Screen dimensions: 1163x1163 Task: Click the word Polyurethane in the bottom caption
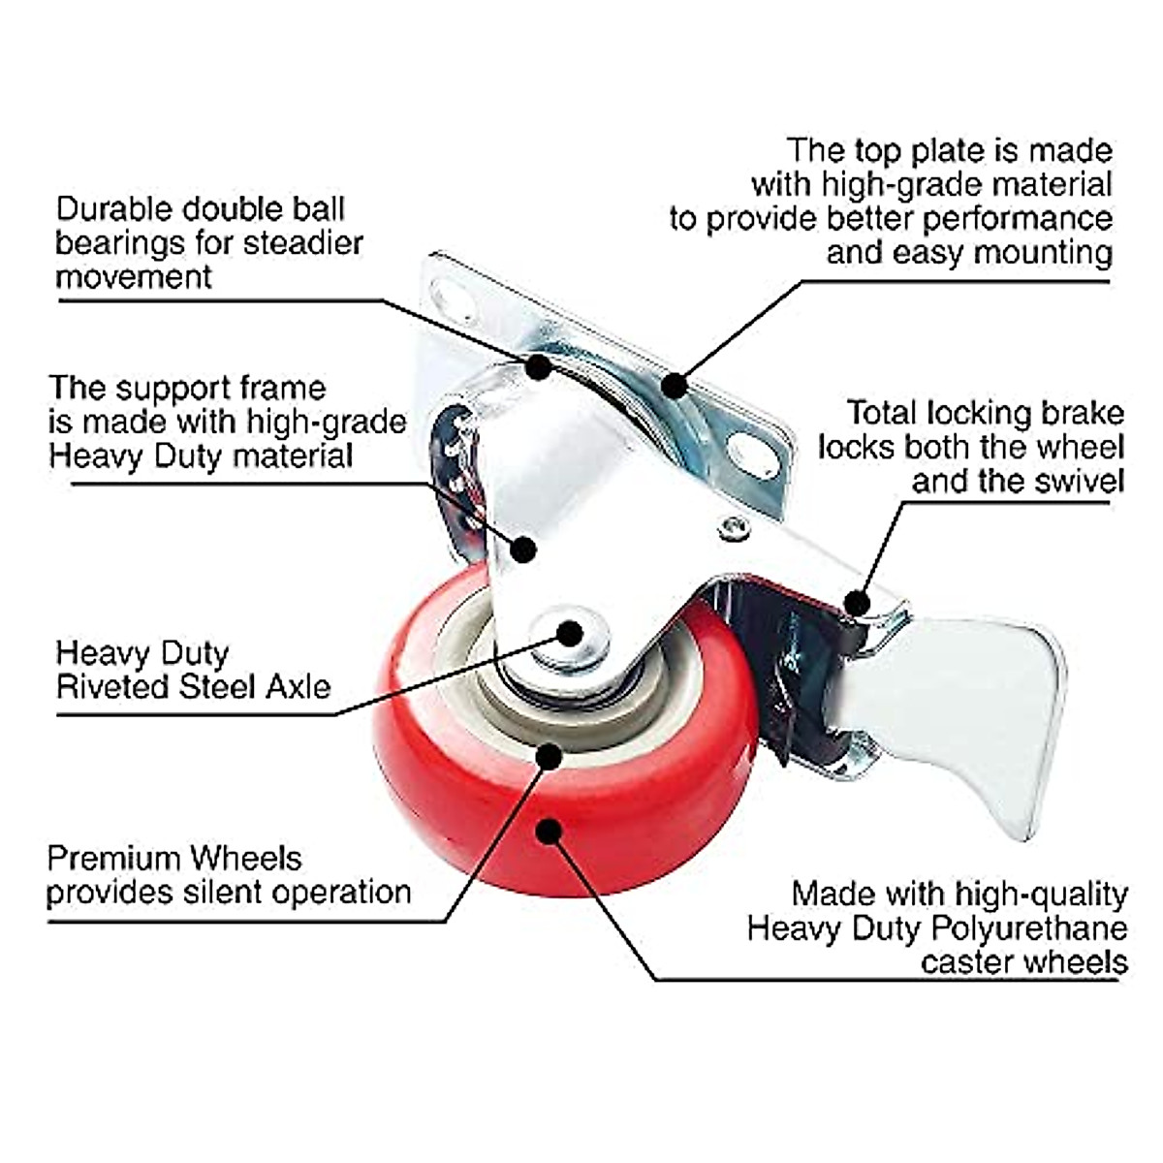pos(1029,928)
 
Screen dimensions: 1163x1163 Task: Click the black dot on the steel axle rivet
pos(570,634)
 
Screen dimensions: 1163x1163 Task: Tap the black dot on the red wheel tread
pos(549,832)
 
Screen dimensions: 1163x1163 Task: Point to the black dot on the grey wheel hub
pos(549,755)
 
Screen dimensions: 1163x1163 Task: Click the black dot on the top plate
pos(675,386)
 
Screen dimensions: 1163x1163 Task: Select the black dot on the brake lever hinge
pos(855,603)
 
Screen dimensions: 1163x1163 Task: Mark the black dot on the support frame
pos(523,550)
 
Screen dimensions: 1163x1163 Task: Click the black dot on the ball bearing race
pos(538,367)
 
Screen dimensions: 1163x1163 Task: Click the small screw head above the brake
pos(732,526)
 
